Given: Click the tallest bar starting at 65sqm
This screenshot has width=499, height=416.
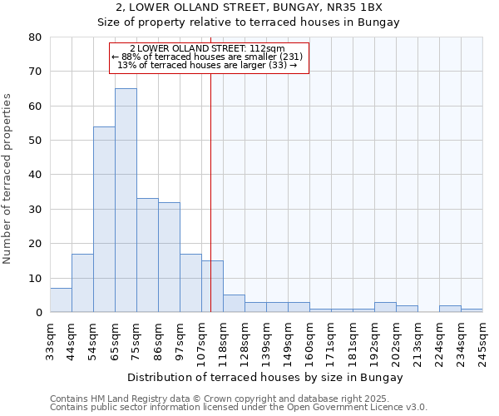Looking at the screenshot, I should click(126, 200).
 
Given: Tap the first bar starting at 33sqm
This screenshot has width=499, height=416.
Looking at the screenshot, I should click(61, 300).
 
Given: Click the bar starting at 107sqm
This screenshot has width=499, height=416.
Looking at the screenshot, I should click(212, 286).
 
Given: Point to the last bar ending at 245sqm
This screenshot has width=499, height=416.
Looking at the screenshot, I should click(472, 310).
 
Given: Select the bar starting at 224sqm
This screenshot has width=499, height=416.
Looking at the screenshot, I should click(450, 309).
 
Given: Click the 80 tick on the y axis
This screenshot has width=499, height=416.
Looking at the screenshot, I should click(35, 37).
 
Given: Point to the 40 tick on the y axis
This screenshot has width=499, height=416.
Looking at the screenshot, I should click(35, 175).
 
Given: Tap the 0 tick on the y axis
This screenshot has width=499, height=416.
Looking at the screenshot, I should click(38, 313).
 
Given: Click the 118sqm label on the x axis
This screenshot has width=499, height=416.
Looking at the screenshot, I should click(223, 338).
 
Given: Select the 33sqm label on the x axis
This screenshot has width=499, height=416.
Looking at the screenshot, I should click(50, 338).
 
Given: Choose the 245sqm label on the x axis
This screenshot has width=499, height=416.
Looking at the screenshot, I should click(482, 338).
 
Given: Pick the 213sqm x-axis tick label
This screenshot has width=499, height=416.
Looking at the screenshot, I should click(417, 338).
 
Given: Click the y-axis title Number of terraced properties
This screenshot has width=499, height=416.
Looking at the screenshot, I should click(7, 179).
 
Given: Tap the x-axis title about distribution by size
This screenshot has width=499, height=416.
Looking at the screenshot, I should click(266, 377).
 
